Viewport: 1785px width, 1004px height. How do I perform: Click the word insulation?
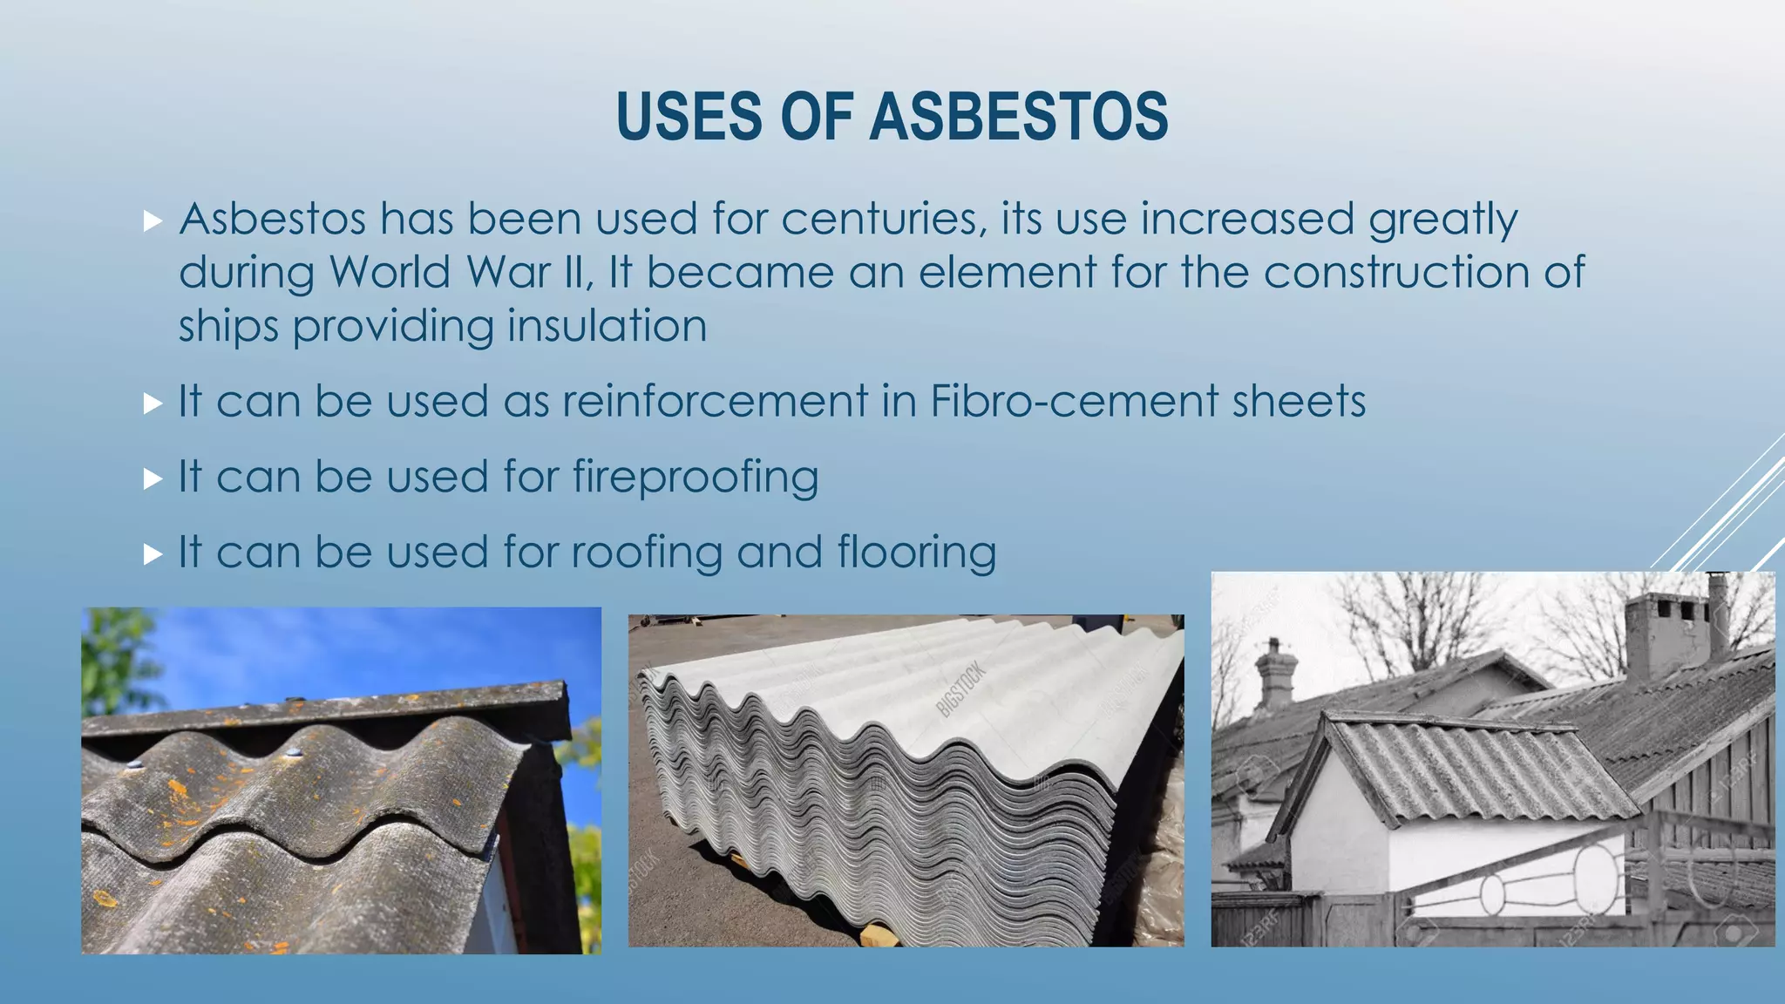point(607,326)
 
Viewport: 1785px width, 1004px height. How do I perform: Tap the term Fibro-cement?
point(1074,402)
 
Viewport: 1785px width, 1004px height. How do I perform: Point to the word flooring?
point(917,553)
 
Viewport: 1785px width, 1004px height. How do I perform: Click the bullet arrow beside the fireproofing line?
point(153,478)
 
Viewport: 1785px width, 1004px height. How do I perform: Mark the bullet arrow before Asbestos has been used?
point(153,220)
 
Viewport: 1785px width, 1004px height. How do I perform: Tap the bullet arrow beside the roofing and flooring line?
point(153,554)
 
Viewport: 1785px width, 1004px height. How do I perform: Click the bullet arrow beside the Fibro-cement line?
point(153,403)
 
